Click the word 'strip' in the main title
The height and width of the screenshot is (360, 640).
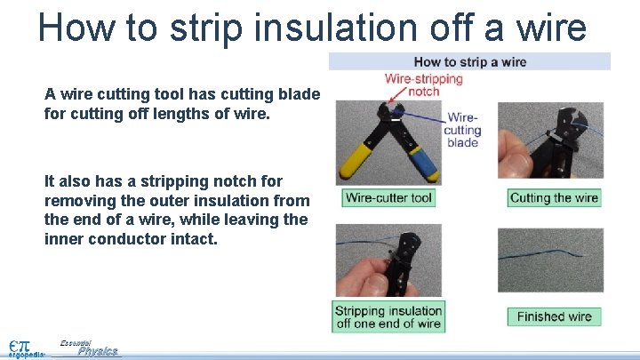click(x=205, y=28)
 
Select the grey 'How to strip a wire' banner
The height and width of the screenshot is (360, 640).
click(x=469, y=61)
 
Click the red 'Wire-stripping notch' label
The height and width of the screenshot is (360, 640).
click(x=424, y=84)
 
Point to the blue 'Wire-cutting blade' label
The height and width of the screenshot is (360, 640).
click(x=462, y=130)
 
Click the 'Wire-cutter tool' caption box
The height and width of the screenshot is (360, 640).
click(x=388, y=197)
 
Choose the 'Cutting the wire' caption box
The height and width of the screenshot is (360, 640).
click(x=554, y=197)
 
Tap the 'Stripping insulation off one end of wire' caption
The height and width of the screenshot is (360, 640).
click(x=388, y=317)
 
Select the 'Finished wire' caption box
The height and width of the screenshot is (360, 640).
click(x=554, y=316)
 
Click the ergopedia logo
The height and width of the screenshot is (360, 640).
click(x=24, y=348)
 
